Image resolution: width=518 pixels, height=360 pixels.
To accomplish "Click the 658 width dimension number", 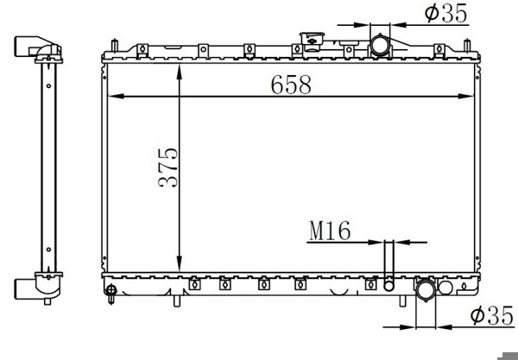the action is tap(291, 85).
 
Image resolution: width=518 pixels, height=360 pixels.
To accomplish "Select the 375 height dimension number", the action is tap(167, 167).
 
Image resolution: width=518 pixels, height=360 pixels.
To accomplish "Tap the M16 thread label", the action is tap(330, 231).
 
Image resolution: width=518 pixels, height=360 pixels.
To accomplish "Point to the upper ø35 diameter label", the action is tap(446, 13).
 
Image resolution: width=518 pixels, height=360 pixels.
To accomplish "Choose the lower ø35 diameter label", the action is tap(492, 315).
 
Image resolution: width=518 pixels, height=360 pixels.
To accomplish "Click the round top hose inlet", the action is tap(380, 45).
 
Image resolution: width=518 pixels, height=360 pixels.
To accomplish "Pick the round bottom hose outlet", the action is tap(426, 290).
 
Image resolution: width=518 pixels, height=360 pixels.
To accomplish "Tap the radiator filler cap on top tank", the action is tap(312, 41).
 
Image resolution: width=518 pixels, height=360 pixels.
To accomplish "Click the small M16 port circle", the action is tap(388, 286).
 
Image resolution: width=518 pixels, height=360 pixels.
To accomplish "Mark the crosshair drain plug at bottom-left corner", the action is tap(111, 290).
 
